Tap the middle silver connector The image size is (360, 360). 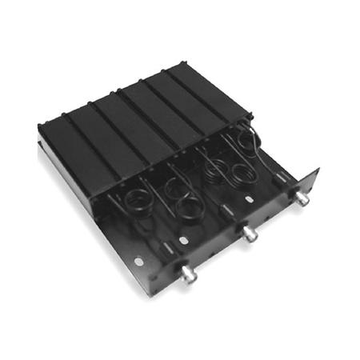coord(250,234)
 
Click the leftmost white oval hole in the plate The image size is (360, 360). coord(138,261)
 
